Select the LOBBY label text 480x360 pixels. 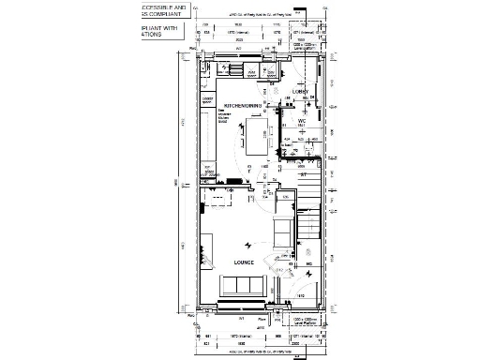[301, 91]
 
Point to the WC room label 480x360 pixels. [302, 121]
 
